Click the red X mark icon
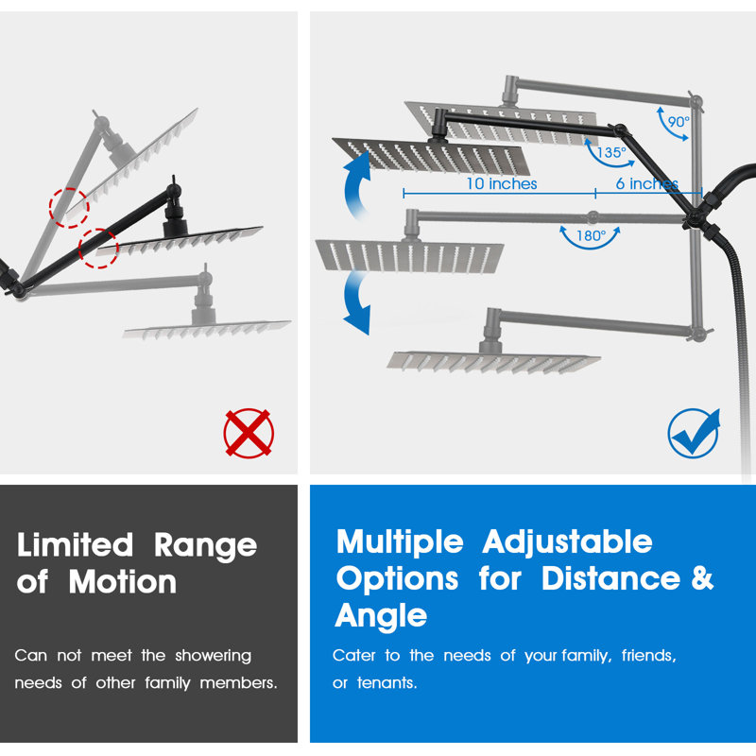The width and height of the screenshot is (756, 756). pos(249,433)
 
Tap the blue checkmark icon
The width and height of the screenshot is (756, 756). pos(695,433)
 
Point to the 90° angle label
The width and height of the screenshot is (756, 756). pos(679,122)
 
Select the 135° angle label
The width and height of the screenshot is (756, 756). pos(610,152)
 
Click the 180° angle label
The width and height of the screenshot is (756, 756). pos(591,235)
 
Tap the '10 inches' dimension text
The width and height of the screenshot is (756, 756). pos(502,183)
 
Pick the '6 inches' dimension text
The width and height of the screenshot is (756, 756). pos(647,183)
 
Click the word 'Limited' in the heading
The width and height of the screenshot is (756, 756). pos(75,545)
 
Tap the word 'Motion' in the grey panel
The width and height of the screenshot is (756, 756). pos(123,582)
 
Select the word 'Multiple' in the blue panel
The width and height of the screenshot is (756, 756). pos(400,541)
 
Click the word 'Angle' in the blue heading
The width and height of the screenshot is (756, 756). pos(381,616)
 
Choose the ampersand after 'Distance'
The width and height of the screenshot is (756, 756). pos(702,577)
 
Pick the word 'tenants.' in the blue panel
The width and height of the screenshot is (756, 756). pos(387,682)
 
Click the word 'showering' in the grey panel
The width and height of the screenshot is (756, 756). pos(214,656)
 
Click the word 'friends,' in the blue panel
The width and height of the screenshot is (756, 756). pos(649,656)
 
